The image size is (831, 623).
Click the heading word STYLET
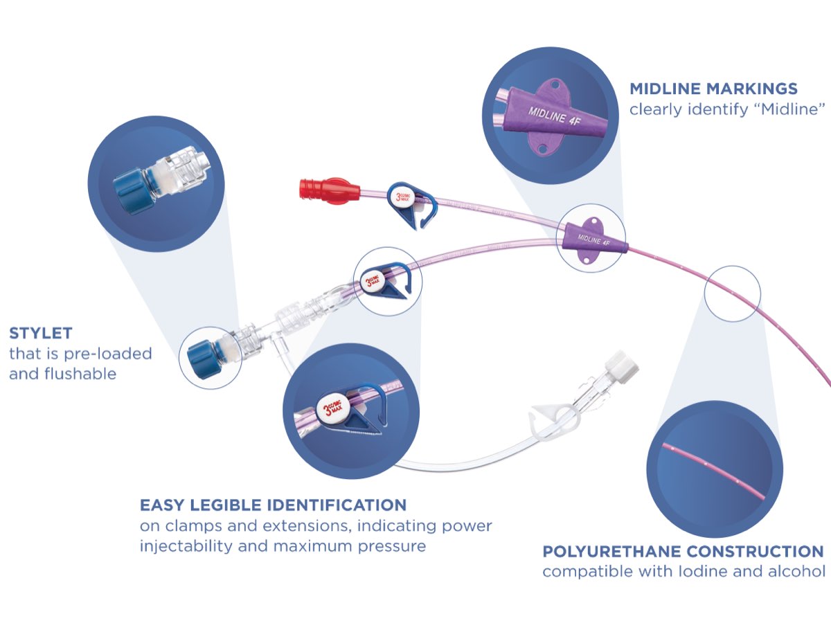(41, 334)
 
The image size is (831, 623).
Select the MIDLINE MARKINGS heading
(713, 89)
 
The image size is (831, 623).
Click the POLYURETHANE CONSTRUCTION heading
(683, 552)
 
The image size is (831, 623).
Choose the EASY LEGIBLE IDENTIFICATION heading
(273, 505)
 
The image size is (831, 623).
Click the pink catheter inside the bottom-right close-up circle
(713, 471)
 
